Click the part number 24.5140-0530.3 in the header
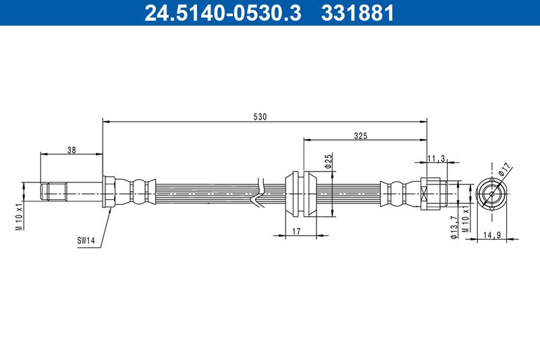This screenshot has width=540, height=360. (x=223, y=13)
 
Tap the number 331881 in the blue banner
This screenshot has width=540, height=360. (x=357, y=13)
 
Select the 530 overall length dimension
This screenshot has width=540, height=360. (x=260, y=117)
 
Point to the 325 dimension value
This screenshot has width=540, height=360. (x=360, y=136)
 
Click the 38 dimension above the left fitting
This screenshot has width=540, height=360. (x=72, y=150)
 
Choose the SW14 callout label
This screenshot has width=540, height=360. (x=86, y=240)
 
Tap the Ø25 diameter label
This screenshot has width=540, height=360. (x=328, y=161)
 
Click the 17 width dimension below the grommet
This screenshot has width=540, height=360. (x=296, y=231)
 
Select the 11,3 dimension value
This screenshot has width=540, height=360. (x=436, y=158)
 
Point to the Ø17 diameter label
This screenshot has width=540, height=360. (x=505, y=169)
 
